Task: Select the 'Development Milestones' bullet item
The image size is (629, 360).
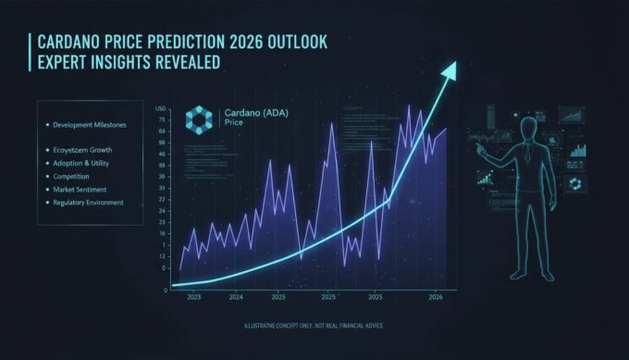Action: pos(91,124)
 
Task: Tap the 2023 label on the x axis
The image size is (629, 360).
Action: pos(194,297)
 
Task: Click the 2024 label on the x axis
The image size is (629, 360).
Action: pos(237,297)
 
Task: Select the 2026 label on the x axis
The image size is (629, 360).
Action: pos(436,297)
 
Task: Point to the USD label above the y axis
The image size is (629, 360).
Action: pos(161,107)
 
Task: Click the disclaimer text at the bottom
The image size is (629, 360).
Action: pos(314,326)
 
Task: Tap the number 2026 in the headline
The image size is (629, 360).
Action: pos(239,43)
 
